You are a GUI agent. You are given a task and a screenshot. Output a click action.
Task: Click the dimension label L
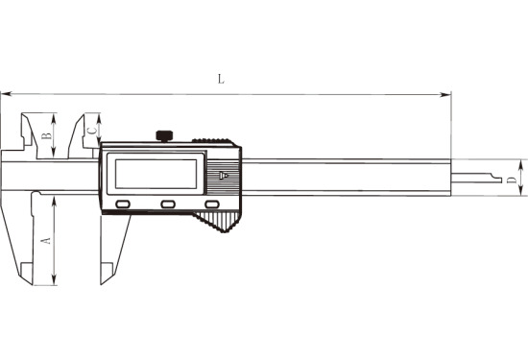(221, 79)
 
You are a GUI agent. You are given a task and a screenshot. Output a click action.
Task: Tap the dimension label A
(45, 240)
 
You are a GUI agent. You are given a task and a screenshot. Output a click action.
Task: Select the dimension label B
(46, 135)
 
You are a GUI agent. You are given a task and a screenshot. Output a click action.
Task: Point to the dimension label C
(92, 131)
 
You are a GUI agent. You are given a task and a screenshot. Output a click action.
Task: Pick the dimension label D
(512, 180)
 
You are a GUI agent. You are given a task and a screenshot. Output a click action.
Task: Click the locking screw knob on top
(164, 136)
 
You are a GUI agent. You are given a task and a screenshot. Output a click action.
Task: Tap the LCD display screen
(156, 174)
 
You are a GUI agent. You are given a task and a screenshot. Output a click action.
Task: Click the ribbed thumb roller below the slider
(217, 221)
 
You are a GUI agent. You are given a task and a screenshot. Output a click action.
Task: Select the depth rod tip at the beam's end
(495, 178)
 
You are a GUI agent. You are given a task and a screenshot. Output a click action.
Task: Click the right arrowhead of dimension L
(445, 95)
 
